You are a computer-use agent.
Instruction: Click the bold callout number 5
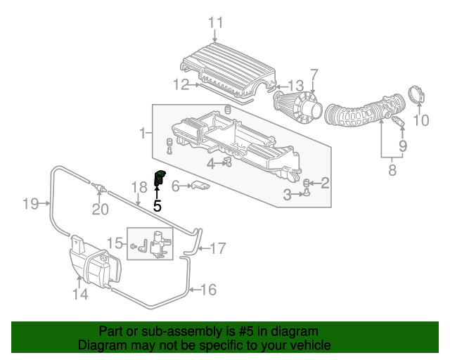click(x=157, y=205)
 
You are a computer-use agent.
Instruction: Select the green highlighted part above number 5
click(x=160, y=178)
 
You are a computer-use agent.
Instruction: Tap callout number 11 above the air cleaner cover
click(x=215, y=22)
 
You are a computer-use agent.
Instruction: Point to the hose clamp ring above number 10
click(x=416, y=94)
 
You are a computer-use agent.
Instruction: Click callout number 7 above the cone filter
click(x=314, y=75)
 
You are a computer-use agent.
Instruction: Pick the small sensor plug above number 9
click(x=399, y=122)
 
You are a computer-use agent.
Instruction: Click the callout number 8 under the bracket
click(x=392, y=169)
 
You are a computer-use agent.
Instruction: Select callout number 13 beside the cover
click(x=296, y=86)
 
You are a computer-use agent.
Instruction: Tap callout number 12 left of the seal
click(x=181, y=84)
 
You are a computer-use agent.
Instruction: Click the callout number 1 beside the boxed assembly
click(x=143, y=133)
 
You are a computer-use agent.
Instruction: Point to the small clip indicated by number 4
click(x=228, y=162)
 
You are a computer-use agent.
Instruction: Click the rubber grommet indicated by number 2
click(x=306, y=183)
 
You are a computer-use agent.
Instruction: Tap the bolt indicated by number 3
click(x=307, y=193)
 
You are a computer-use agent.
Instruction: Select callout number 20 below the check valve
click(x=100, y=210)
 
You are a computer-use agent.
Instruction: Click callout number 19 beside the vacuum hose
click(x=31, y=204)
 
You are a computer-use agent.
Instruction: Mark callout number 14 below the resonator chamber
click(x=80, y=294)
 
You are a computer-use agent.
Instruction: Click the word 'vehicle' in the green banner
click(x=314, y=345)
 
